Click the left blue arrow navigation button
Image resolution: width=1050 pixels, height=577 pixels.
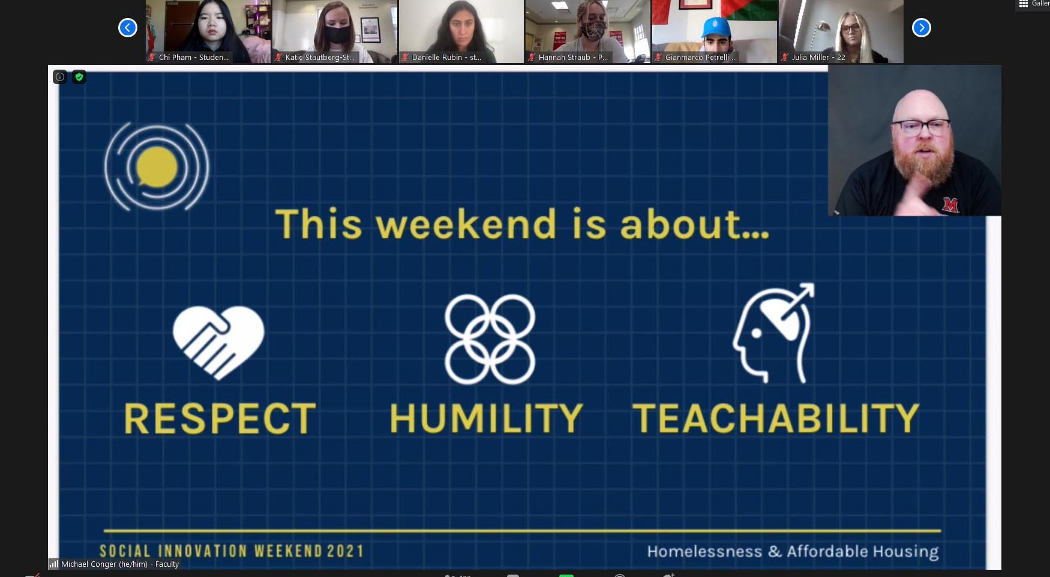(x=127, y=28)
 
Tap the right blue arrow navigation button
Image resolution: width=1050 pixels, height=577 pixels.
(x=921, y=28)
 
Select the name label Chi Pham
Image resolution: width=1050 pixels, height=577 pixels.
(x=193, y=58)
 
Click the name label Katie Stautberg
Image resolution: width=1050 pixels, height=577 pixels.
(x=320, y=58)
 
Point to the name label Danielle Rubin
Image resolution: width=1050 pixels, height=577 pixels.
(x=446, y=58)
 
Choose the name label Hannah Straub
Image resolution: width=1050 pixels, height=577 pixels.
(x=572, y=58)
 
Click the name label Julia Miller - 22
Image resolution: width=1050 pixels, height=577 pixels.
(x=818, y=58)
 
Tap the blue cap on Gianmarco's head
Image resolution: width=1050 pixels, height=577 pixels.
(x=716, y=27)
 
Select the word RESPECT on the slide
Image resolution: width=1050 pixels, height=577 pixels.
(x=220, y=418)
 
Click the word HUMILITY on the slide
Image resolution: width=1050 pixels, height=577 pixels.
(x=486, y=418)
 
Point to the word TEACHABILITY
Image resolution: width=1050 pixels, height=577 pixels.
(x=775, y=418)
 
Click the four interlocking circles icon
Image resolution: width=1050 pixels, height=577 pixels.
(x=490, y=339)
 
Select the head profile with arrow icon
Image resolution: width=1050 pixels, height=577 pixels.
(x=774, y=333)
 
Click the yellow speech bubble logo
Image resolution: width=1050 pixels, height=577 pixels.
(x=157, y=167)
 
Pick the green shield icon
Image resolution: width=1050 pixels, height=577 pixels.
(x=79, y=77)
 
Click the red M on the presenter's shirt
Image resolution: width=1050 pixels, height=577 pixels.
(x=950, y=205)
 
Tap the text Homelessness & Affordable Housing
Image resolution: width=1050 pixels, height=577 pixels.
(x=792, y=551)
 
